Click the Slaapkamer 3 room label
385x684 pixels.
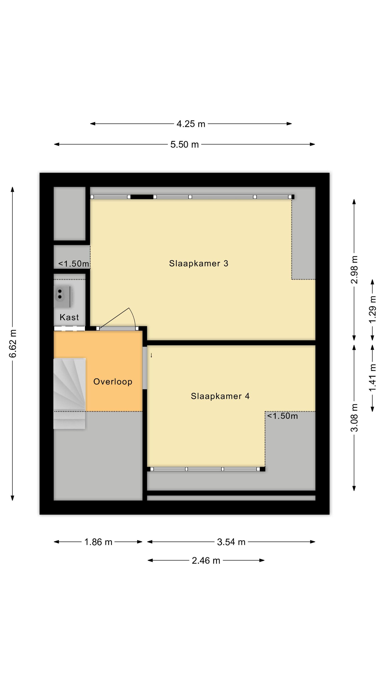click(198, 263)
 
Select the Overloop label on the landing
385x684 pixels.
click(113, 382)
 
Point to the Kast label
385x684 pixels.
click(69, 317)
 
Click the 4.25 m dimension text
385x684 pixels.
click(191, 124)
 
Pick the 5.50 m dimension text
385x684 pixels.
click(184, 145)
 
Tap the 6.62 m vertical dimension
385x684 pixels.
click(13, 343)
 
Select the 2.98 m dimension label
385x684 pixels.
click(354, 269)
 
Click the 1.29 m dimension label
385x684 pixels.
click(372, 309)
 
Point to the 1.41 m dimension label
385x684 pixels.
click(372, 377)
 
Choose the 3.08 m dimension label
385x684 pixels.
click(354, 418)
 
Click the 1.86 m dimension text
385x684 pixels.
click(98, 542)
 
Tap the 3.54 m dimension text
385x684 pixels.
click(231, 542)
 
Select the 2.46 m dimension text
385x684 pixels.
click(206, 560)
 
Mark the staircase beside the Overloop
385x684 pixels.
click(69, 394)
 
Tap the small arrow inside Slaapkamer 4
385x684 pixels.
click(151, 355)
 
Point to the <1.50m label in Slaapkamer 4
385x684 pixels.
click(282, 416)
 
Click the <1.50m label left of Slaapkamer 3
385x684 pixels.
click(74, 264)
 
